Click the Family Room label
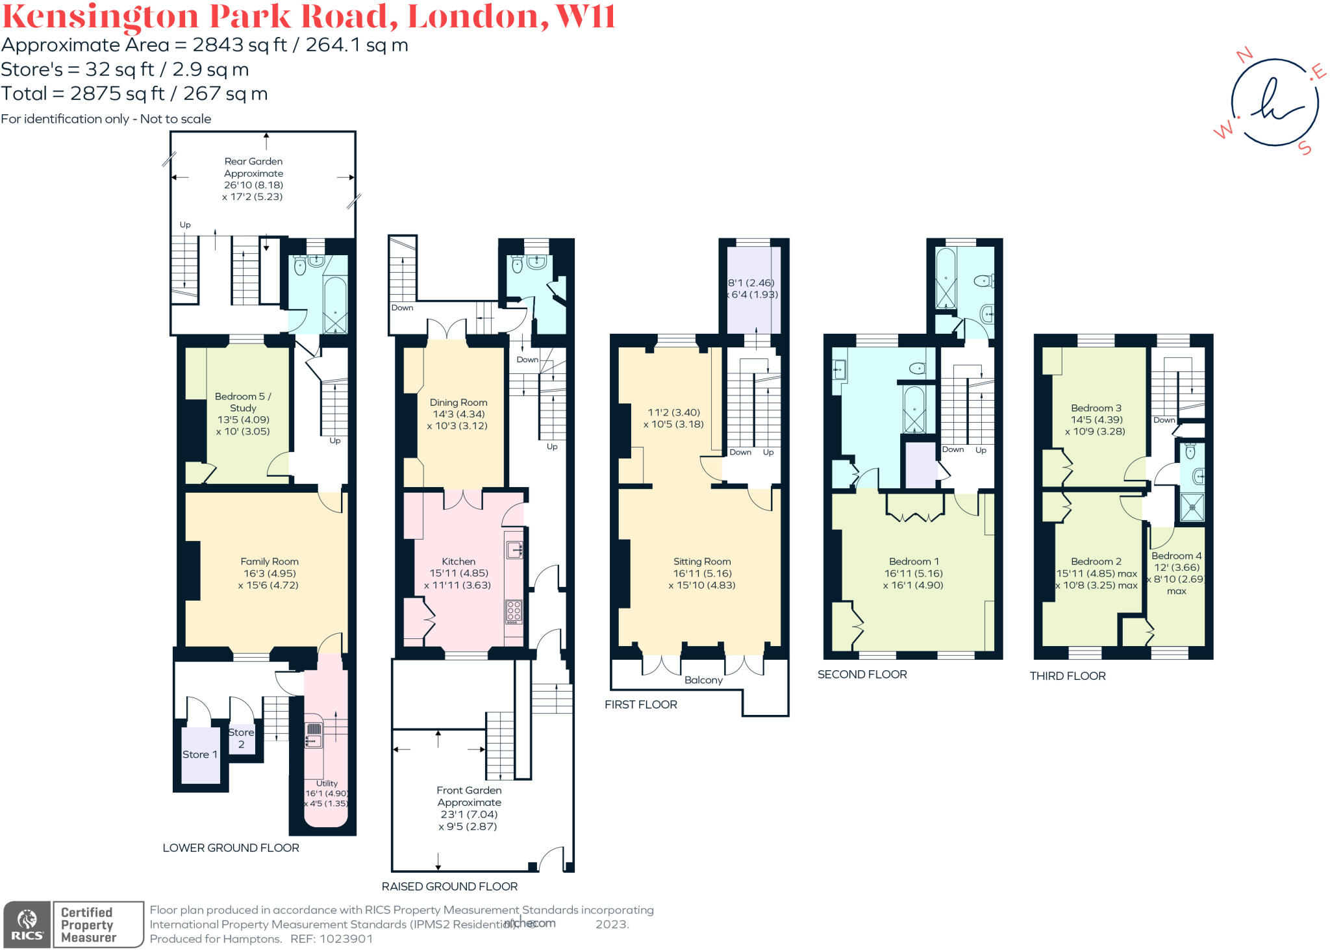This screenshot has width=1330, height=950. tap(270, 561)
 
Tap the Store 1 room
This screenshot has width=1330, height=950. tap(200, 754)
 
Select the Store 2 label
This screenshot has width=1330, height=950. tap(241, 738)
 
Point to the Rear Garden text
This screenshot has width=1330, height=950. tap(253, 161)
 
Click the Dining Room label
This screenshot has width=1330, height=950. tap(458, 403)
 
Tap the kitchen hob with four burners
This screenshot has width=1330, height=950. tap(514, 611)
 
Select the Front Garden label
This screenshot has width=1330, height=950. tap(469, 790)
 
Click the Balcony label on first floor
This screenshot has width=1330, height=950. tap(703, 680)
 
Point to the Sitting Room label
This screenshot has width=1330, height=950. tap(702, 561)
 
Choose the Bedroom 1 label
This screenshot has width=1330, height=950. tap(914, 561)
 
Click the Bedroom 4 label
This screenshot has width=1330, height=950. tap(1176, 556)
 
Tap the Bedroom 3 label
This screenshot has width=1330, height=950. tap(1096, 408)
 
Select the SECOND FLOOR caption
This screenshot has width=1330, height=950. tap(862, 675)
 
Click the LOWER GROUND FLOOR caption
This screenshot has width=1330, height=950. tap(231, 847)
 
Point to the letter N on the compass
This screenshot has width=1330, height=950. tap(1244, 55)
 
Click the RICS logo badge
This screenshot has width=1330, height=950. tap(27, 925)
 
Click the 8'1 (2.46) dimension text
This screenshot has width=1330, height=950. tap(751, 282)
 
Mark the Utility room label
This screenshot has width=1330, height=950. tap(327, 783)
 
